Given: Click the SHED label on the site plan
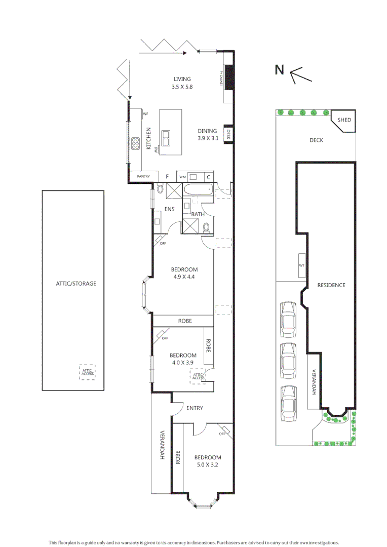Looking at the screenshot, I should point(344,120).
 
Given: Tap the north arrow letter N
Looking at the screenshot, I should point(279,70).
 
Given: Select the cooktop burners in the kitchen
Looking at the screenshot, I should point(136,144).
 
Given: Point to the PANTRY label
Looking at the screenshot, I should point(143,176).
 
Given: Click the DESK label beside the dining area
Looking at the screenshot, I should point(228,134).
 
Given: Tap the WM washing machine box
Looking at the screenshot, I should point(182,177).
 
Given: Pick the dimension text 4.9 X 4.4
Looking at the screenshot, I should point(184,277).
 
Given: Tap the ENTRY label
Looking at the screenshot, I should point(195,408).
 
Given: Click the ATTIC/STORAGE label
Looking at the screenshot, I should point(75,284).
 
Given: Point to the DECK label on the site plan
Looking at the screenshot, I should point(316,140).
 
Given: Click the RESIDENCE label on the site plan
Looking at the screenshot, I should point(331,285).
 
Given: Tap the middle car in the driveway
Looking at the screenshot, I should point(288,360).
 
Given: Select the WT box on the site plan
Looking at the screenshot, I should point(301,265).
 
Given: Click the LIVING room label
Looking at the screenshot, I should point(182,79).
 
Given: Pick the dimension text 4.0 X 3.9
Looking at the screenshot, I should point(183,363).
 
